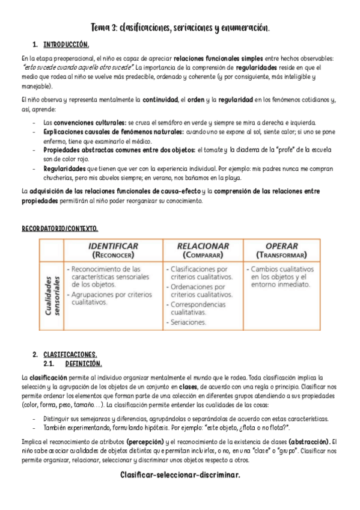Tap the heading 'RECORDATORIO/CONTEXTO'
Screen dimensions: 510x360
[x=59, y=229]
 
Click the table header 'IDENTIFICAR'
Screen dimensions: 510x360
[x=113, y=246]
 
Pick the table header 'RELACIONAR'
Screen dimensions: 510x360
[x=203, y=246]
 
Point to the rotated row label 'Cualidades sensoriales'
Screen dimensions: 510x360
[x=52, y=295]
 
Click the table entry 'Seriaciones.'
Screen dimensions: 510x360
[x=188, y=322]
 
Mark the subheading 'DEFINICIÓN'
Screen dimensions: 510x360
[x=84, y=363]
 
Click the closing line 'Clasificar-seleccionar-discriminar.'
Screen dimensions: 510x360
[x=180, y=475]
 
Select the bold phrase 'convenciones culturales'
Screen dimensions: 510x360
[x=84, y=122]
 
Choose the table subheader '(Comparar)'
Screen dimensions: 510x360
[x=203, y=254]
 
